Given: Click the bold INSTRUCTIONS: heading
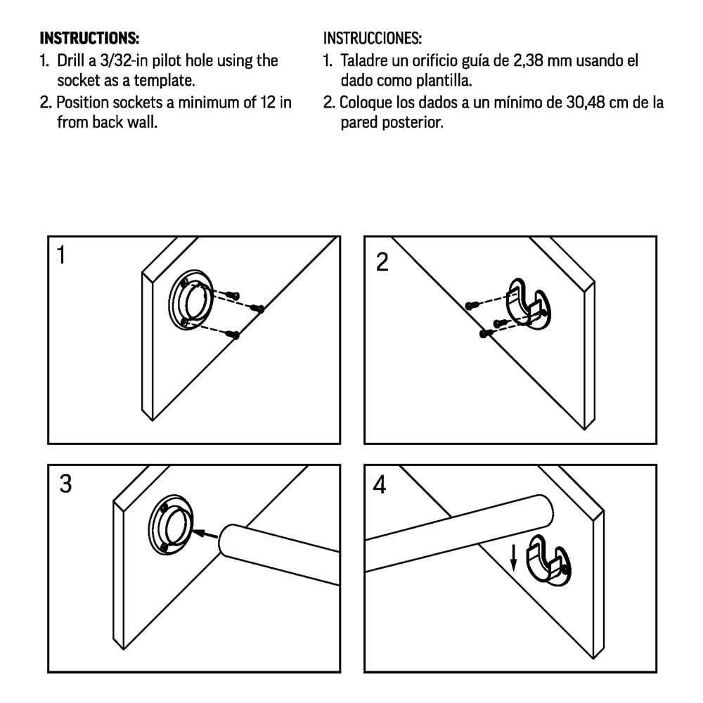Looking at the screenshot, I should point(89,37).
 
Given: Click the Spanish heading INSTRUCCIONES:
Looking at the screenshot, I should point(372,37).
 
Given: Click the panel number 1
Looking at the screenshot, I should point(62,255).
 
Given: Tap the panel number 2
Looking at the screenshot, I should point(382,263).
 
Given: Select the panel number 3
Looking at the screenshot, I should point(65,484).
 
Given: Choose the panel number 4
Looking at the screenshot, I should point(380,485).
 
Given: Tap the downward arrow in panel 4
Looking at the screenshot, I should point(514,558).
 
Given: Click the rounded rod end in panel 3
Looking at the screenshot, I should point(228,541).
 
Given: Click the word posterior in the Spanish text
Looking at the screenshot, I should point(409,122).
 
